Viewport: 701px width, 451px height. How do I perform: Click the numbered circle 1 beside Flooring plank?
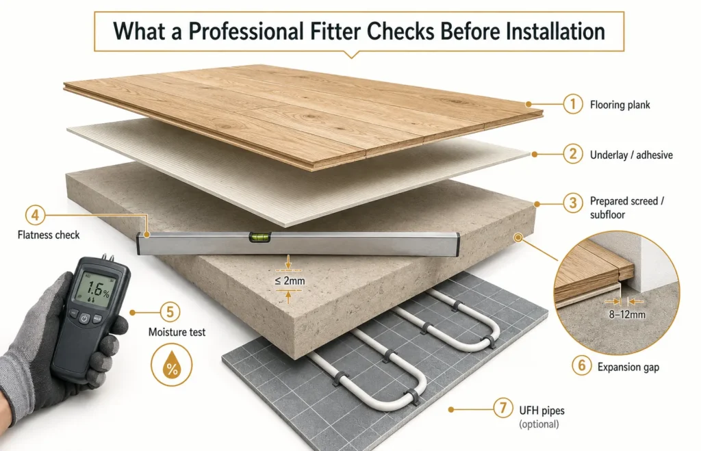click(x=573, y=104)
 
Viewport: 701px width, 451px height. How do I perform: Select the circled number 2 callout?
click(x=573, y=154)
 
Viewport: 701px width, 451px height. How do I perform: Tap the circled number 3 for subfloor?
click(x=573, y=203)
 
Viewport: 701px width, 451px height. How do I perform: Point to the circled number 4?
click(x=35, y=215)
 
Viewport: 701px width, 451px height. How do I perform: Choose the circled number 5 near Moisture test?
click(x=170, y=311)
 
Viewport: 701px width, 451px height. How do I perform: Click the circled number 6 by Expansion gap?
click(x=582, y=365)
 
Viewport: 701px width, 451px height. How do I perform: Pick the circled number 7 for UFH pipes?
click(x=503, y=408)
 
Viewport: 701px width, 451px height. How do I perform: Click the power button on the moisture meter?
click(x=84, y=319)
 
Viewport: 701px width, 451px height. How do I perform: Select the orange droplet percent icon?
click(x=172, y=365)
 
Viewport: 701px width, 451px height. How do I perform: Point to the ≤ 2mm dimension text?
click(x=290, y=281)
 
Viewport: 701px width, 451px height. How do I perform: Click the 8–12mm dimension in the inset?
click(x=627, y=315)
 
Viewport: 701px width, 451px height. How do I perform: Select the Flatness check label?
click(x=49, y=235)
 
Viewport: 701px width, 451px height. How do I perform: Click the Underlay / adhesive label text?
click(x=631, y=155)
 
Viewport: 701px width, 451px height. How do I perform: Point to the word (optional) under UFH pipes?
click(x=539, y=424)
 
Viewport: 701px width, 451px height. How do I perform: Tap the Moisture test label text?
click(x=177, y=332)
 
